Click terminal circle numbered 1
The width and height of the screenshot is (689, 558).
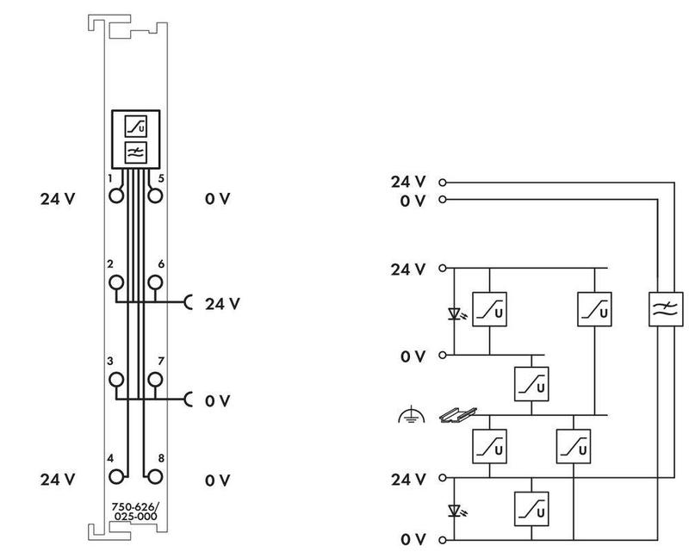pos(115,195)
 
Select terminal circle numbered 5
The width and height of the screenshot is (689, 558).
pos(155,195)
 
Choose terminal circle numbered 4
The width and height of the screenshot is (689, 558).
pos(115,476)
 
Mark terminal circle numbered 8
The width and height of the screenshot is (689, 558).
pos(155,476)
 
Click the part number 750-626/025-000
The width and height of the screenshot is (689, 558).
pos(134,512)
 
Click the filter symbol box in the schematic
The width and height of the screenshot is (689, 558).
pos(665,309)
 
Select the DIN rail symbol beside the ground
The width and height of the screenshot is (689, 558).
pos(455,415)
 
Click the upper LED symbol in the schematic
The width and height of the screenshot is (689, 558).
pos(456,312)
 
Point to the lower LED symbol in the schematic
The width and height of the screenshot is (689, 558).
pos(456,510)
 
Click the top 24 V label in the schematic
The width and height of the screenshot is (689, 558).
pos(408,182)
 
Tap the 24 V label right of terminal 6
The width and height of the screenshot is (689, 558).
pos(222,303)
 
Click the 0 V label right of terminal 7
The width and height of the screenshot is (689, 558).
pos(218,400)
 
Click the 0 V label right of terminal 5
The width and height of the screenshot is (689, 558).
pos(218,199)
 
